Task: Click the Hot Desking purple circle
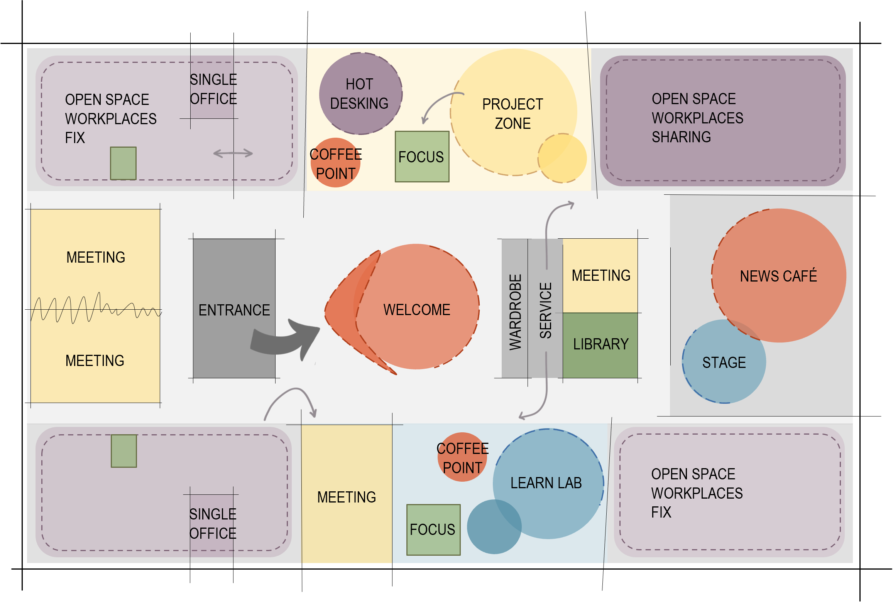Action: click(360, 94)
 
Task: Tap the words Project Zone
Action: click(512, 114)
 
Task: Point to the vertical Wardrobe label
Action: click(515, 312)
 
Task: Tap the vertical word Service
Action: click(546, 310)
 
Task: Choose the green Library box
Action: click(600, 344)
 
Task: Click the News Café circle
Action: click(779, 275)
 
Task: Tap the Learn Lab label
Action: click(546, 483)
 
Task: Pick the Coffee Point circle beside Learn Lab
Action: click(462, 457)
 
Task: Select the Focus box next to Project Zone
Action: click(422, 157)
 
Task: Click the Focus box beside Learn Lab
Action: click(433, 529)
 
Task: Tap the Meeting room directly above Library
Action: click(600, 275)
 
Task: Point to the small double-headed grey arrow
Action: click(233, 153)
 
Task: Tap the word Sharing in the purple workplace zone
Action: click(681, 137)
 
